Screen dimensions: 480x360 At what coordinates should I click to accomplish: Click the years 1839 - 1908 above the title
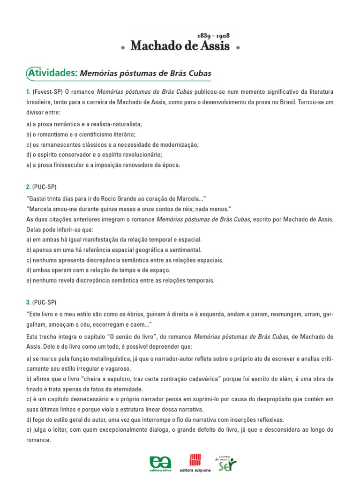[x=214, y=36]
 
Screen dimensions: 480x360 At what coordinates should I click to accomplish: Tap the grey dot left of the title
[x=122, y=48]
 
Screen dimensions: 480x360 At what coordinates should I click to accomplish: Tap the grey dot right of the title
[x=238, y=48]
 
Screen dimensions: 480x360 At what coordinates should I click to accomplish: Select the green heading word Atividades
[x=52, y=73]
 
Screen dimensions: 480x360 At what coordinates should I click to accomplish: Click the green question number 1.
[x=29, y=91]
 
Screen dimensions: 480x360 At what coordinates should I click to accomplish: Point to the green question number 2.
[x=29, y=187]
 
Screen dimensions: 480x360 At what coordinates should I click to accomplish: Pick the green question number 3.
[x=29, y=302]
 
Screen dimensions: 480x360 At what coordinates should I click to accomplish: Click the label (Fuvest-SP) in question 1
[x=47, y=91]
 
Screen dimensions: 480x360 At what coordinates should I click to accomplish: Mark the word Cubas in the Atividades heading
[x=201, y=73]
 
